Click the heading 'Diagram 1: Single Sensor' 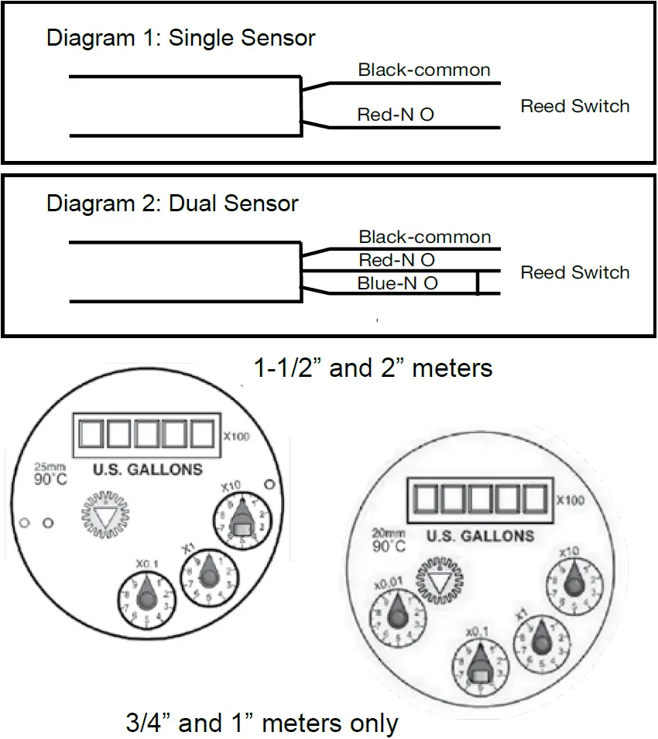pyautogui.click(x=180, y=38)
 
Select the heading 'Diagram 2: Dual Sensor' pyautogui.click(x=172, y=204)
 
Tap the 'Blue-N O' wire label pyautogui.click(x=397, y=283)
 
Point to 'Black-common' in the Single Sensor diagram pyautogui.click(x=423, y=70)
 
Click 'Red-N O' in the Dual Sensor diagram pyautogui.click(x=396, y=260)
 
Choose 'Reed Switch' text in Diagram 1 pyautogui.click(x=574, y=106)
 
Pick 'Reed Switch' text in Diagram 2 pyautogui.click(x=574, y=272)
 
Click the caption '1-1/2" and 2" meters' pyautogui.click(x=373, y=368)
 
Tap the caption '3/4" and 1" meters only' pyautogui.click(x=262, y=724)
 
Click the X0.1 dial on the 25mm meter pyautogui.click(x=145, y=598)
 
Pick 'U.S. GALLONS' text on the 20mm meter pyautogui.click(x=480, y=535)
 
